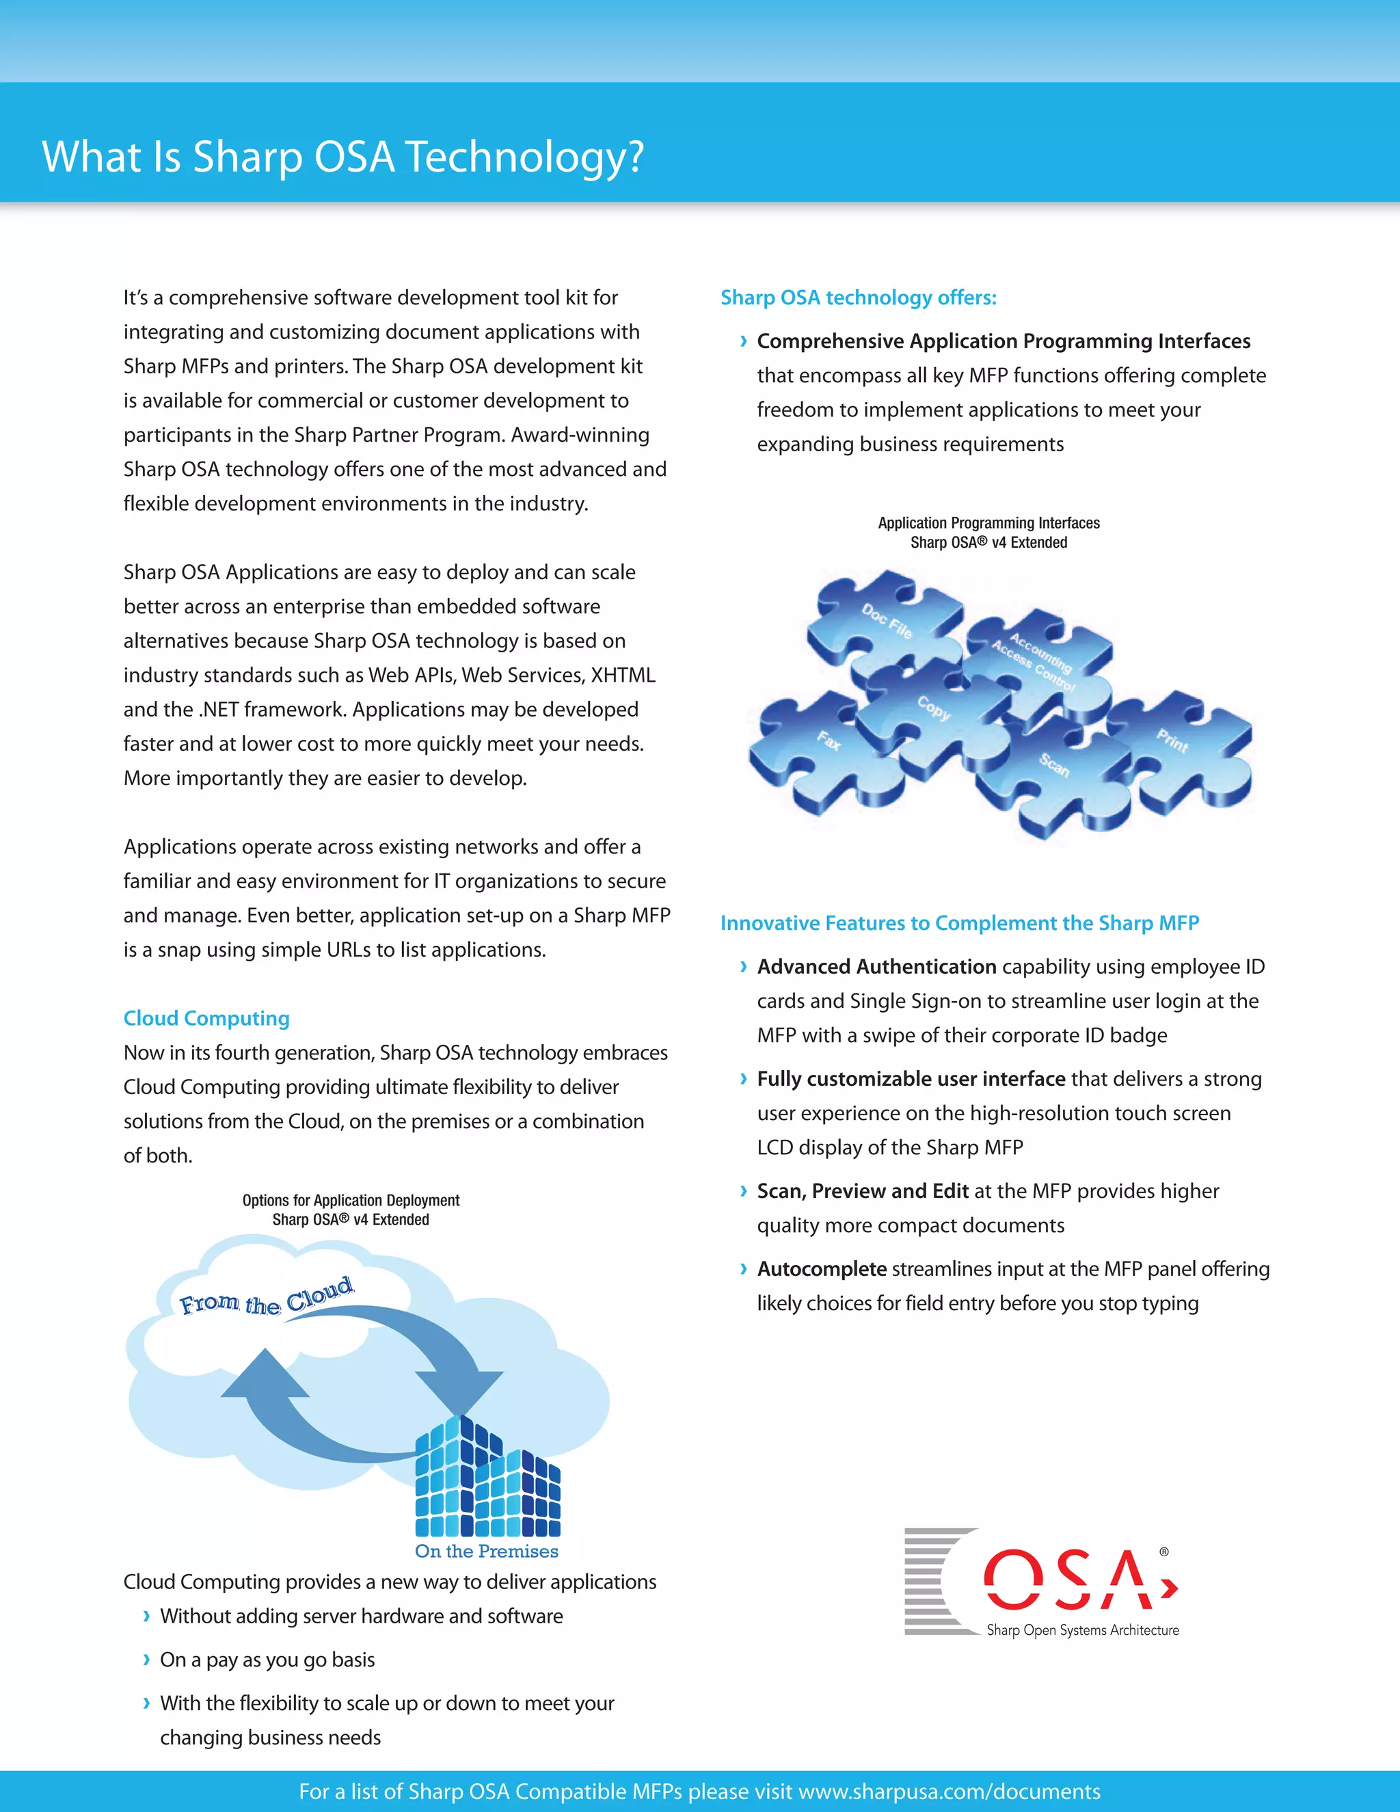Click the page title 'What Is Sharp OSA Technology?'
(x=342, y=156)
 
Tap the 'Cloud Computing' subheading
(x=206, y=1018)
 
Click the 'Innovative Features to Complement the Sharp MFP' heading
(x=960, y=922)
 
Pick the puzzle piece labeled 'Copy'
(x=933, y=708)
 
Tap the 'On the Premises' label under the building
(x=487, y=1551)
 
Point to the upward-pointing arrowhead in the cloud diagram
(x=264, y=1374)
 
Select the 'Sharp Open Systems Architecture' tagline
(x=1082, y=1630)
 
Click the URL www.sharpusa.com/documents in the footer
(x=949, y=1791)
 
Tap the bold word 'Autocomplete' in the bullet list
(x=822, y=1268)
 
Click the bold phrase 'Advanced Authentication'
(x=876, y=967)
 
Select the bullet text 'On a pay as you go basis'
(x=267, y=1660)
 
